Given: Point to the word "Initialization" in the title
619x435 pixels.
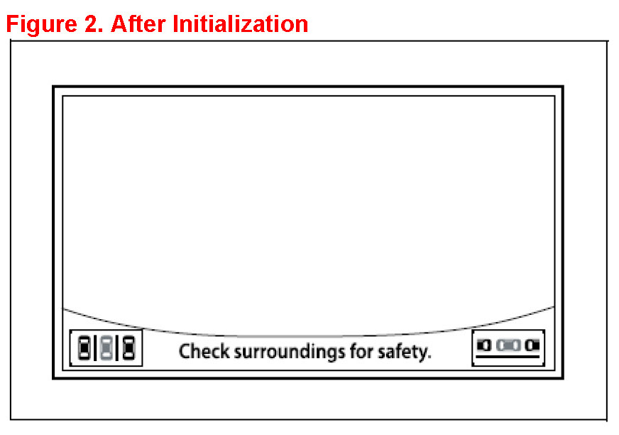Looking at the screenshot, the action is click(240, 24).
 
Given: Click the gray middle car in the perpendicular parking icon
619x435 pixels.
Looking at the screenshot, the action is click(106, 348).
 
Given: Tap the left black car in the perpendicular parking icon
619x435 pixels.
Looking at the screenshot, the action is click(84, 348).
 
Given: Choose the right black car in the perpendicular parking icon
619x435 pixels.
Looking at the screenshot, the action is click(128, 348).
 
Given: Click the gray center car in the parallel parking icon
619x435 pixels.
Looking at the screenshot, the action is click(508, 345).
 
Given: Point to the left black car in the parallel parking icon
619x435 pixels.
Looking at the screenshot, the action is click(484, 345).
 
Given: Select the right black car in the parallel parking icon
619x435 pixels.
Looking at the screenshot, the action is click(532, 345).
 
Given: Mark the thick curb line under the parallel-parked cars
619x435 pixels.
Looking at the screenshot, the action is click(508, 355).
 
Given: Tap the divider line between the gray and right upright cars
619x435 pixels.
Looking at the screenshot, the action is click(118, 348).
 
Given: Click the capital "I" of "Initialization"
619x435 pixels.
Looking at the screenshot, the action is click(174, 24).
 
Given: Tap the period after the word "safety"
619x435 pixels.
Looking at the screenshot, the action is click(429, 356).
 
